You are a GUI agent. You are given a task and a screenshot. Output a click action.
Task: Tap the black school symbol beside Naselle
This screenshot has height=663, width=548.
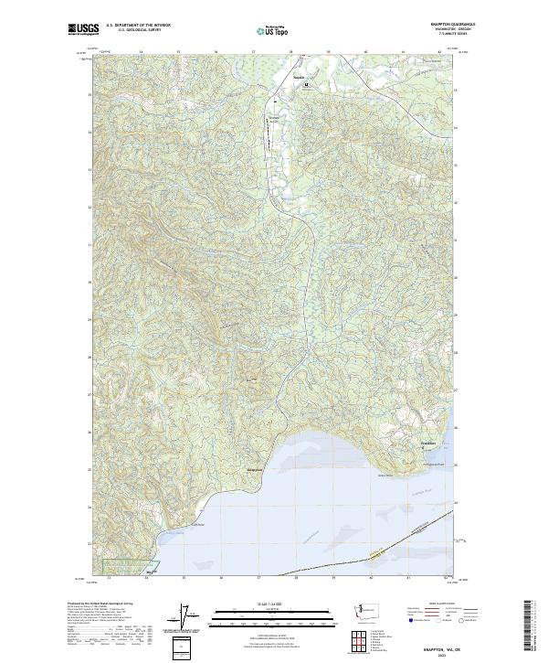coord(307,86)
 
